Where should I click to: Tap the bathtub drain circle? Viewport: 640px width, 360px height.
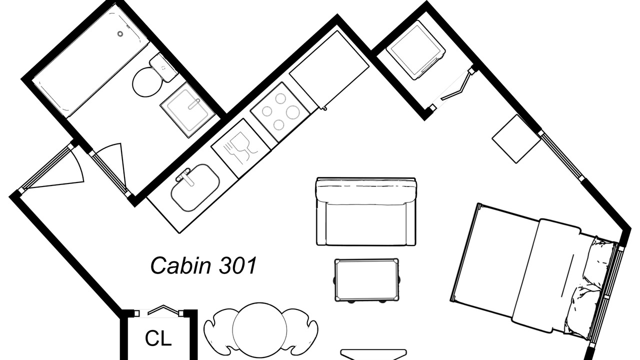tap(120, 34)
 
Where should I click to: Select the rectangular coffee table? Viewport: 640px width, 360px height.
tap(367, 280)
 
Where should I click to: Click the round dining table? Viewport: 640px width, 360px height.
tap(260, 330)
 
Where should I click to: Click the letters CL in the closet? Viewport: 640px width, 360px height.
tap(158, 338)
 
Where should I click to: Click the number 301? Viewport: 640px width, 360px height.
tap(238, 265)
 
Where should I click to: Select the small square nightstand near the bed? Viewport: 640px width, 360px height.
tap(516, 138)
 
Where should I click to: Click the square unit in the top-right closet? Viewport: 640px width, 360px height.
tap(416, 50)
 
